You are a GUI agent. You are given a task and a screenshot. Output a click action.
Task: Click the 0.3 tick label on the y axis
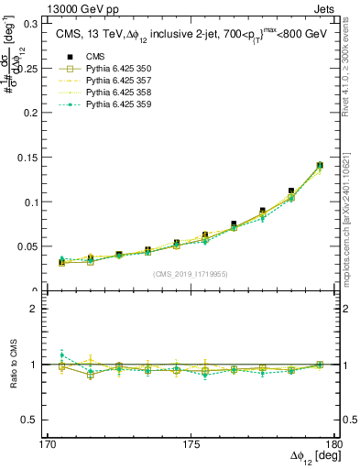(43, 23)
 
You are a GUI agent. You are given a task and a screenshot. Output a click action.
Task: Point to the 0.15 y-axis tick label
(40, 158)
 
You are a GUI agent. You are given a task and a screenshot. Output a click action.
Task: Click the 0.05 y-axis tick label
(40, 247)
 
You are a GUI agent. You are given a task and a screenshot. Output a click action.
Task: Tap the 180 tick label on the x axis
(335, 444)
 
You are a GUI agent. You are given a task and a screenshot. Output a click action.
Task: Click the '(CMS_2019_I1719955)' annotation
(191, 273)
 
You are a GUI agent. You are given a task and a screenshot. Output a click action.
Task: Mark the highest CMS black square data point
(321, 166)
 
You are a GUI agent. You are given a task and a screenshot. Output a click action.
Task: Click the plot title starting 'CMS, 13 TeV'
(192, 35)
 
